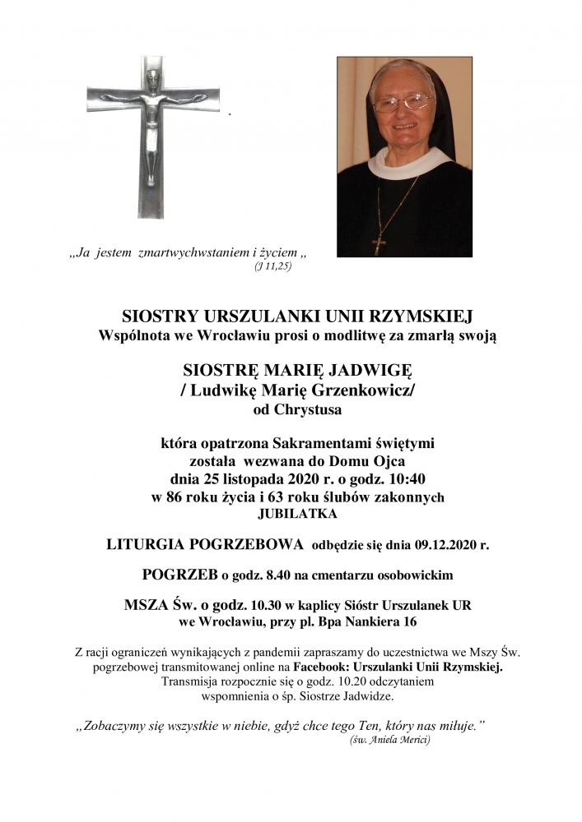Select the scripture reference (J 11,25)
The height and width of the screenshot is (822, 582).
[x=273, y=267]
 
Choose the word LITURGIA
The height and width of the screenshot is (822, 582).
[x=147, y=543]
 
